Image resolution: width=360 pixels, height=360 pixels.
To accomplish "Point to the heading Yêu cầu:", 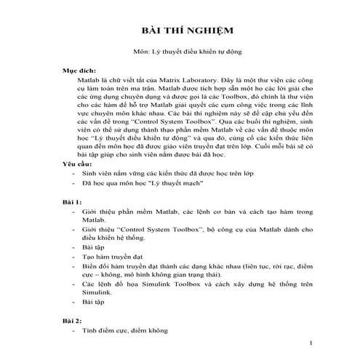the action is click(77, 186).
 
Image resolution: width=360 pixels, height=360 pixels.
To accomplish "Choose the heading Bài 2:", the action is click(72, 321).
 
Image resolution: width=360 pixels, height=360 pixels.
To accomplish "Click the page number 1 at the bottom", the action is click(311, 343).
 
